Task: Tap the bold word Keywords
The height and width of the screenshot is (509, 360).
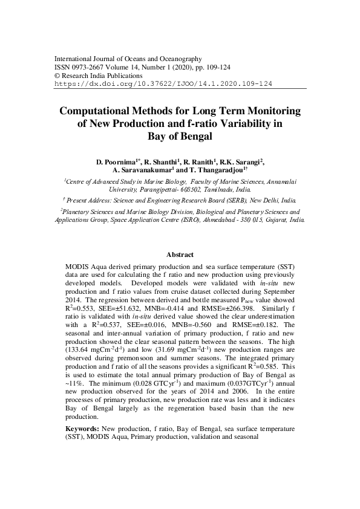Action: coord(83,429)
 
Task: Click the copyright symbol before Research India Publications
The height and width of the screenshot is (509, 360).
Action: coord(57,76)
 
